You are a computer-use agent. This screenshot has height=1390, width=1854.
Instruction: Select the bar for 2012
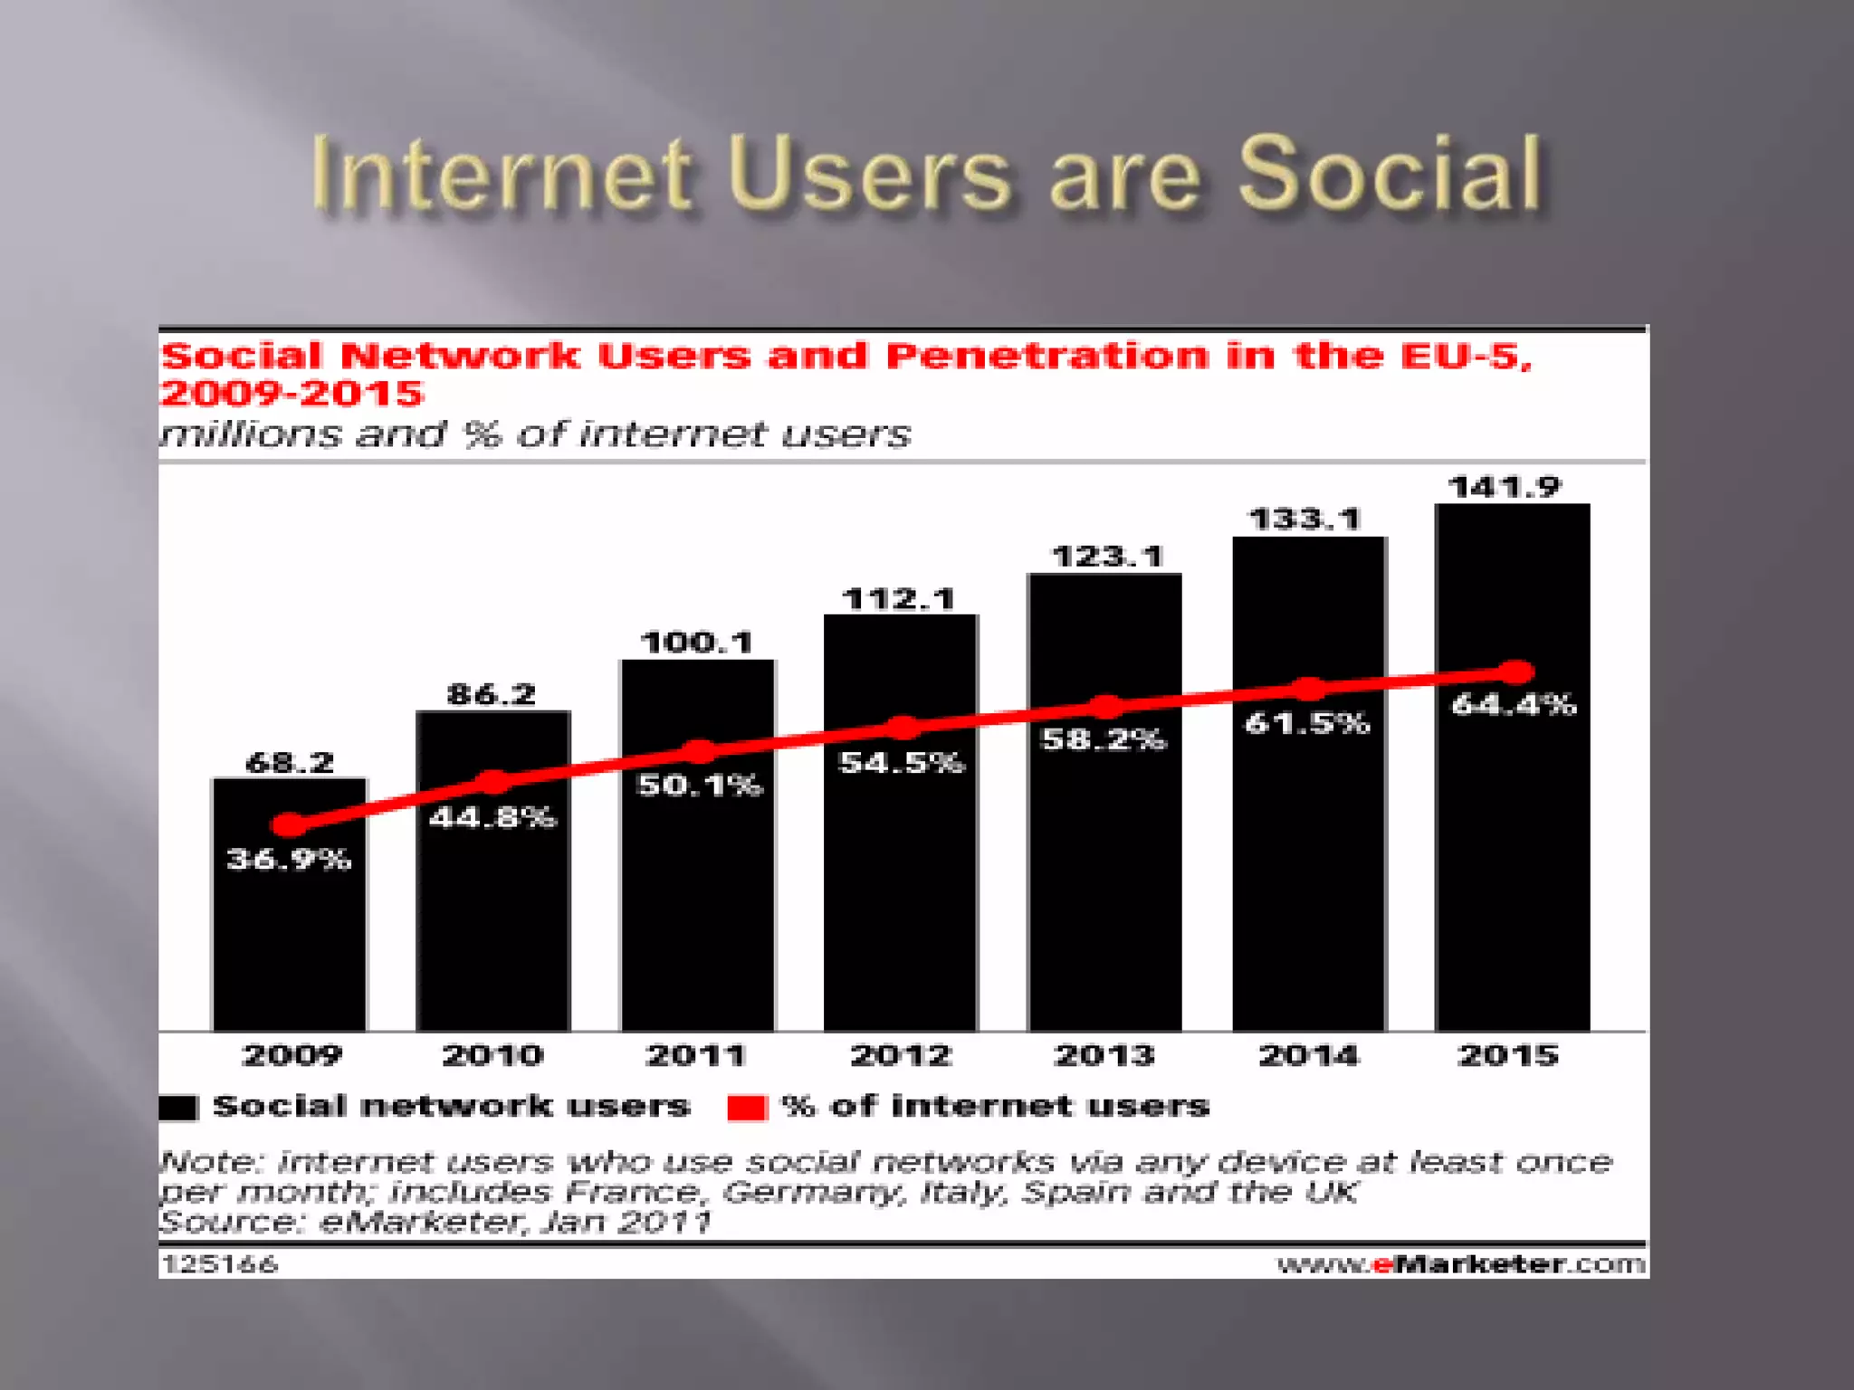click(900, 887)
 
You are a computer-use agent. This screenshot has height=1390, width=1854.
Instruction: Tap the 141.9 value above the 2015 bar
click(1505, 487)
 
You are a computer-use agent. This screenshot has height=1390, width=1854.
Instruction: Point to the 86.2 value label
click(492, 694)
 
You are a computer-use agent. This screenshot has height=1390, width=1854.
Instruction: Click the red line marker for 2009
click(289, 824)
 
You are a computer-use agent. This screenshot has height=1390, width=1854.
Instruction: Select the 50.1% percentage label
click(699, 785)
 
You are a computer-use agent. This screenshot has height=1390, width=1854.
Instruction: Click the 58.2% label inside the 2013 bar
click(1104, 739)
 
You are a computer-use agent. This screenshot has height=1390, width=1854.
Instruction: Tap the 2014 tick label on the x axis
click(1308, 1055)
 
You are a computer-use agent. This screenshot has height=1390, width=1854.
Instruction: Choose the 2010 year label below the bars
click(492, 1055)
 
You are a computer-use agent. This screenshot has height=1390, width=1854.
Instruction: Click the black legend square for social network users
click(178, 1108)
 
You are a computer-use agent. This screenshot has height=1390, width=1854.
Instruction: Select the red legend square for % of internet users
click(747, 1108)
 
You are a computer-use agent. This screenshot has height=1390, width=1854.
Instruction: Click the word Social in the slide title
click(1390, 174)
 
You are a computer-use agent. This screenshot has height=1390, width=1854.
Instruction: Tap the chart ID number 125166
click(219, 1264)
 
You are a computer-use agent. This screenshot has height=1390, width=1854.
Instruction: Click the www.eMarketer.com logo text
click(1460, 1264)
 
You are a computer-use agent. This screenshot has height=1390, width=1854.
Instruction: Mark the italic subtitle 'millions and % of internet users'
click(535, 434)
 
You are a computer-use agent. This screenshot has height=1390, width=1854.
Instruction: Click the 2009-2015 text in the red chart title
click(291, 394)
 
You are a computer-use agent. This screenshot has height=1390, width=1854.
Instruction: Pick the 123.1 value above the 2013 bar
click(1106, 556)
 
